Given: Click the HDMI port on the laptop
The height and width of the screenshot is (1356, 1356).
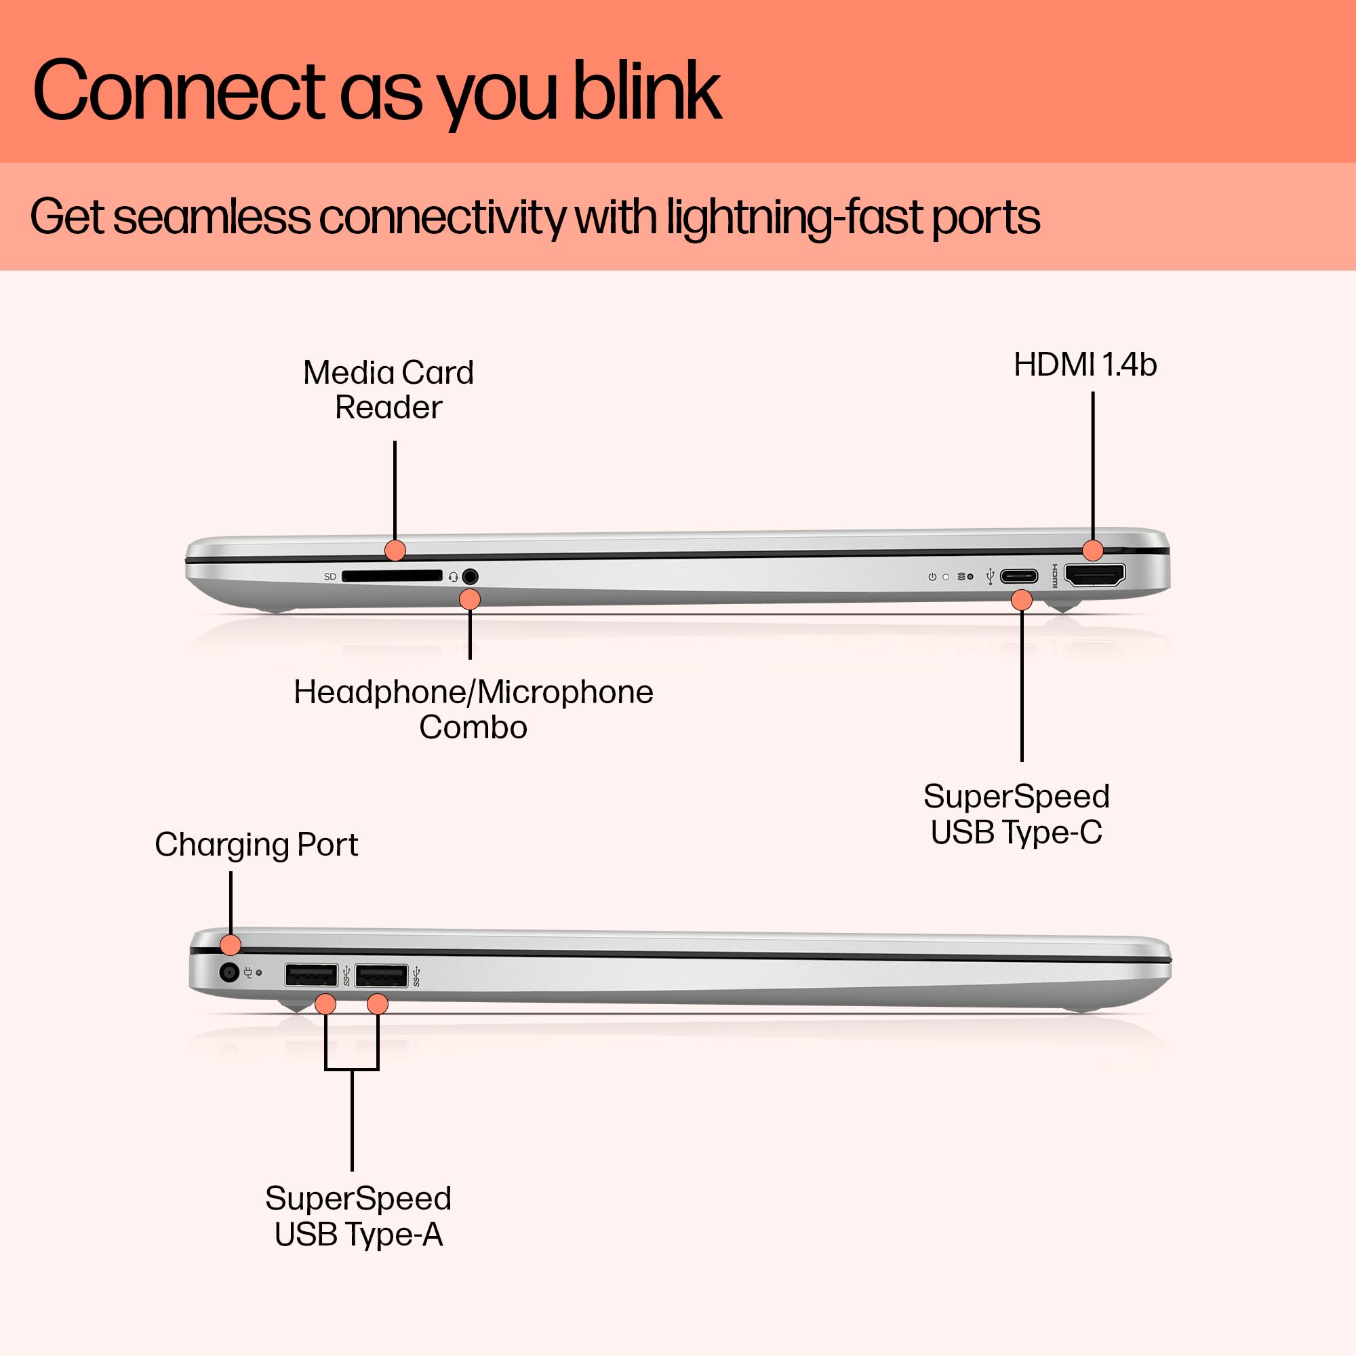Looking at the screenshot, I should (x=1095, y=576).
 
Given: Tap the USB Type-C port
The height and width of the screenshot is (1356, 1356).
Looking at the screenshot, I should (x=1019, y=577).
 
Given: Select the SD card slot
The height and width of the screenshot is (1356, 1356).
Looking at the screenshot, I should (x=392, y=576).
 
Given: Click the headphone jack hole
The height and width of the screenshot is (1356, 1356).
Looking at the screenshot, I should (x=471, y=577).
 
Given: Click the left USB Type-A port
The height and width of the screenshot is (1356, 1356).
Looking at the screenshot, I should (x=311, y=976).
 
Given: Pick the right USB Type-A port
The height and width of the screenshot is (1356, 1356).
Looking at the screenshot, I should (x=381, y=976).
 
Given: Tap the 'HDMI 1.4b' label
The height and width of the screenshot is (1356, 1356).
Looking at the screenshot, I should (x=1085, y=365).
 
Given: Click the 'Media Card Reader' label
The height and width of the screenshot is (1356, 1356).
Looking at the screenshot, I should (x=388, y=390).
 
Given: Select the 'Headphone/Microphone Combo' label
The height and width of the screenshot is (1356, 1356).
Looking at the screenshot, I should (x=473, y=710).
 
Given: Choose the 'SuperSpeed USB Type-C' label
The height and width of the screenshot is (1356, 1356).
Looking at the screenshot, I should (x=1016, y=814).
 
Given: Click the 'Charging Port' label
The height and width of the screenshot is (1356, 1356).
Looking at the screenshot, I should (x=256, y=844).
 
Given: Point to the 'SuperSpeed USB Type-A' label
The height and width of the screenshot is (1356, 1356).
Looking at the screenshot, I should (x=358, y=1216).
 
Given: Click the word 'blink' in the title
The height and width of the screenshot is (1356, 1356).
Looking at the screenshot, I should (x=647, y=92).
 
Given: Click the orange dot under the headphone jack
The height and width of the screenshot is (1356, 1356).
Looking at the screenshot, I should (x=470, y=599).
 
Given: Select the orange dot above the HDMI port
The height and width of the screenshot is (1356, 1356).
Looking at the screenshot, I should (x=1093, y=551).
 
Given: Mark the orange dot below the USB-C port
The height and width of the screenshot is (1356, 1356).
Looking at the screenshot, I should (x=1022, y=600).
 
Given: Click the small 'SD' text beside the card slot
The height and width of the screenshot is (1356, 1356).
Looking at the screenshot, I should (x=330, y=577).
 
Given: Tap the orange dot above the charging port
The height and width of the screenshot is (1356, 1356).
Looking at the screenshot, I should (x=231, y=944).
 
